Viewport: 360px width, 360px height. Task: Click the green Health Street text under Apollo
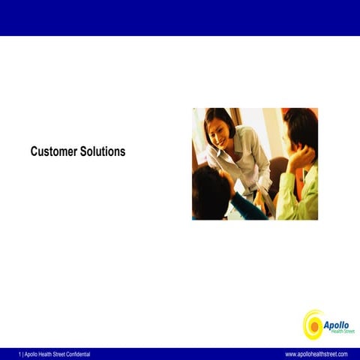point(342,331)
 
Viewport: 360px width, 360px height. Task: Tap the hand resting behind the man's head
point(301,157)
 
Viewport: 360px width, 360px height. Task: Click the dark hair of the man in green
point(301,124)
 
